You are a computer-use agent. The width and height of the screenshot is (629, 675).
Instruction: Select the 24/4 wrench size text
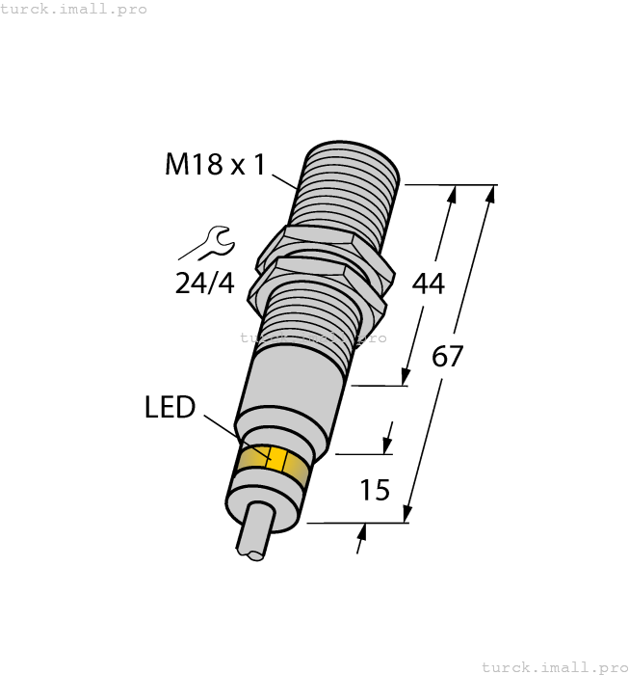[205, 283]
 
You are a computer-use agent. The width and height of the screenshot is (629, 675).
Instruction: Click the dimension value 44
[428, 283]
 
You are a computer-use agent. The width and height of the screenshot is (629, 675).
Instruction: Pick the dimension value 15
[374, 490]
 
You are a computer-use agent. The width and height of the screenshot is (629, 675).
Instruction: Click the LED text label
[170, 408]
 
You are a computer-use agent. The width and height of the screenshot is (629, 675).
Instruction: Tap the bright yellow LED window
[275, 460]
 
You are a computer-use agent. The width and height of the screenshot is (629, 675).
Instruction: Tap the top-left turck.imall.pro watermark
[74, 9]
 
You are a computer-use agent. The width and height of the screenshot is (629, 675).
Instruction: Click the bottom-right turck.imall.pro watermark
[553, 666]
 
